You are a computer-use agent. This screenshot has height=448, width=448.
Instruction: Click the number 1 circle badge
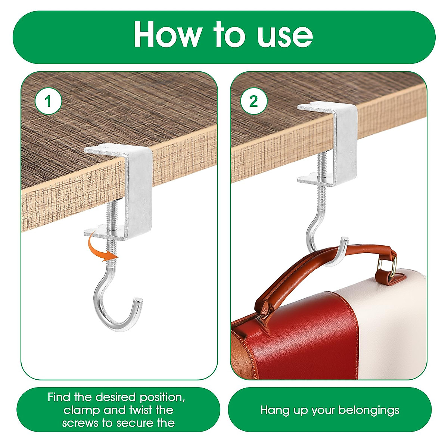click(x=48, y=101)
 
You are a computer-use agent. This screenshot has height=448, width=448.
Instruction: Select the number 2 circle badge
click(x=254, y=101)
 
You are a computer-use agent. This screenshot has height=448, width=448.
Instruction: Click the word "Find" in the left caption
click(x=59, y=397)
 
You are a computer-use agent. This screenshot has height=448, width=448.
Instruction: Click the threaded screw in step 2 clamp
click(x=322, y=164)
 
